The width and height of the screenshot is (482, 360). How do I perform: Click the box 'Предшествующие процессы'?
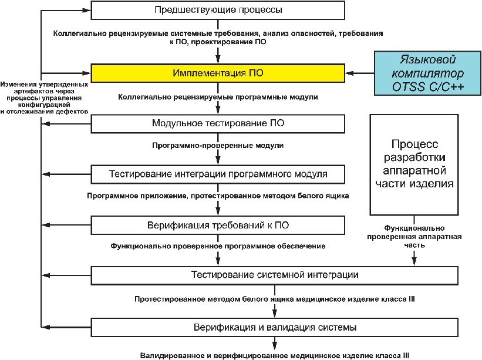218,10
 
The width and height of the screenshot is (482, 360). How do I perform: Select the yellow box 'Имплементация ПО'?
218,73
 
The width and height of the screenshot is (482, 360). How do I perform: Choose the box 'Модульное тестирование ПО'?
218,123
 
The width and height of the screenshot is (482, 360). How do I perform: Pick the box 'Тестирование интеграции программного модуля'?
218,174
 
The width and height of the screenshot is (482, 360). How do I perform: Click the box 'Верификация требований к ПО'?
218,225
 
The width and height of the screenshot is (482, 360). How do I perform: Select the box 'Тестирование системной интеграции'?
274,275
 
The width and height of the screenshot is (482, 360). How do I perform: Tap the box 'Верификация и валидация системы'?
274,327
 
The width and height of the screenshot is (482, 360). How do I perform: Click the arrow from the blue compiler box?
360,73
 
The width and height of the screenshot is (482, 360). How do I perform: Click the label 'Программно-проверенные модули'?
218,145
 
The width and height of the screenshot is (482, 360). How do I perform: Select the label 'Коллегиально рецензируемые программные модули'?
218,96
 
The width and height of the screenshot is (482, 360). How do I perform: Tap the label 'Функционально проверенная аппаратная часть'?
414,236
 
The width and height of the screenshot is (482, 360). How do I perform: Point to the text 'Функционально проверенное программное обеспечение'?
218,246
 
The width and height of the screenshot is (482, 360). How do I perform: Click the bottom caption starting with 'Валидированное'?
274,355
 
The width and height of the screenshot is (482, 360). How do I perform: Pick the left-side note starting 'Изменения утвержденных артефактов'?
45,97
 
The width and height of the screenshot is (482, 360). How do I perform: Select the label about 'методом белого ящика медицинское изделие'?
274,299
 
